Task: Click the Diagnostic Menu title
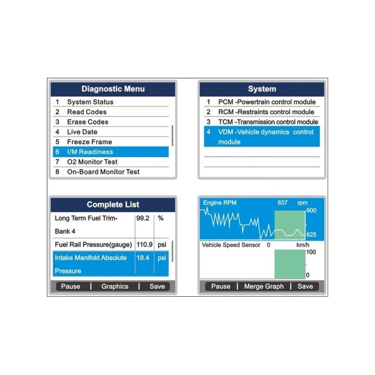coord(113,89)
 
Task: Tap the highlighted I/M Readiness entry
coord(111,152)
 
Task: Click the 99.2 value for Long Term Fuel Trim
coord(143,218)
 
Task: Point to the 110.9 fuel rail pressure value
coord(144,244)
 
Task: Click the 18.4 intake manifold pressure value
coord(143,258)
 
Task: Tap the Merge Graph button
coord(264,286)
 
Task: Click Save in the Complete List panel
coord(157,286)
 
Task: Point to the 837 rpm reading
coord(283,203)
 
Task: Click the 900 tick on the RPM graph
coord(311,210)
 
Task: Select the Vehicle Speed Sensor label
coord(231,245)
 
